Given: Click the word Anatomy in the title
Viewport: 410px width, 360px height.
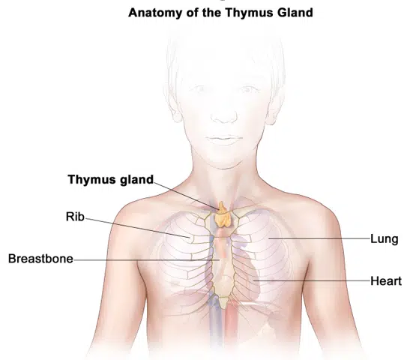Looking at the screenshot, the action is tap(156, 13).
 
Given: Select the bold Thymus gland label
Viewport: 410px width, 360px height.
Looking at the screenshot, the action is tap(111, 180).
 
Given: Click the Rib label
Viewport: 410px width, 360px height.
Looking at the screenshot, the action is tap(75, 217).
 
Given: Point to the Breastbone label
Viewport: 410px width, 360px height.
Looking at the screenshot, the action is tap(40, 259).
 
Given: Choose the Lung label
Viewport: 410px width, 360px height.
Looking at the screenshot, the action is tap(385, 239).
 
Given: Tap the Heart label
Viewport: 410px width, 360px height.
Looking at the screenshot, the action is tap(386, 281).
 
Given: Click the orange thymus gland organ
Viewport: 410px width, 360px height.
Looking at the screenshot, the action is tap(223, 216).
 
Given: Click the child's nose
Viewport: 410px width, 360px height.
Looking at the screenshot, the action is tap(224, 114).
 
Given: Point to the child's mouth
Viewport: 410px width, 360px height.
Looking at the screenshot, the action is tap(224, 139).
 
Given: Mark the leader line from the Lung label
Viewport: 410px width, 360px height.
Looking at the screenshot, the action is tap(319, 238).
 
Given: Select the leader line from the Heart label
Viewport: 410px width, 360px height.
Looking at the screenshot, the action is tap(311, 280).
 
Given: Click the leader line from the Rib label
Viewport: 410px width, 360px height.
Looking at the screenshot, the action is tap(137, 227).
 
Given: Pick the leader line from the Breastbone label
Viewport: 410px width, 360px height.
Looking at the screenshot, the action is tap(146, 260).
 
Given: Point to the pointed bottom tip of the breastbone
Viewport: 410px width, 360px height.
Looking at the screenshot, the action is tap(223, 307).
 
